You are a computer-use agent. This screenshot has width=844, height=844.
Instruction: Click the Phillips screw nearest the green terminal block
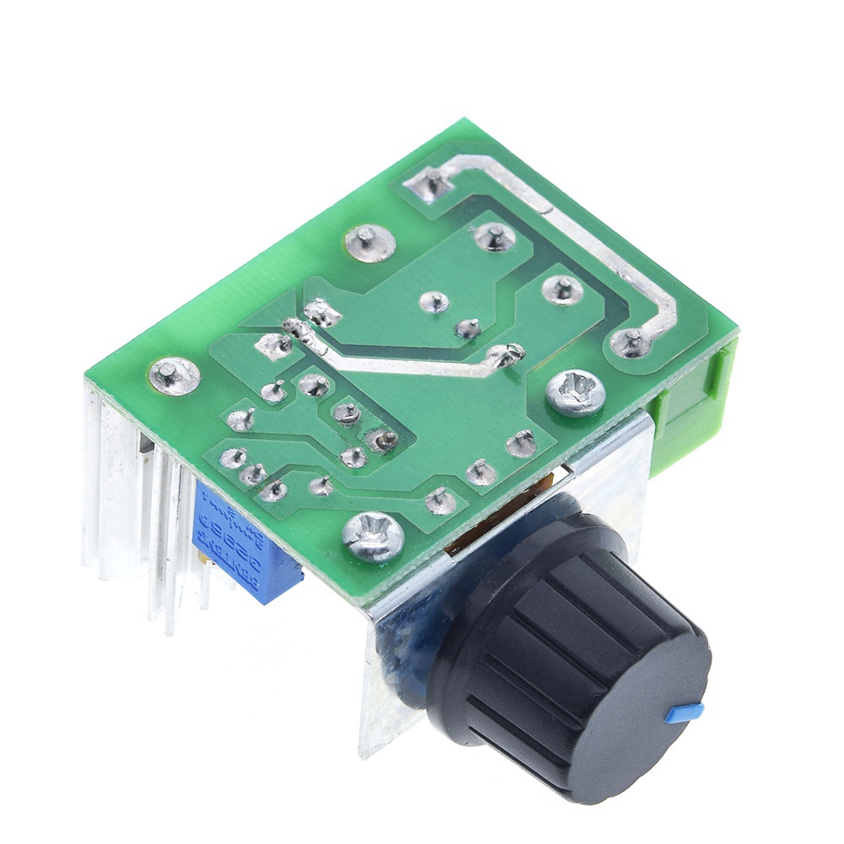[576, 393]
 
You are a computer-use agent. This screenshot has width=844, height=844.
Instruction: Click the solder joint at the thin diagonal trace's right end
[507, 354]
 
